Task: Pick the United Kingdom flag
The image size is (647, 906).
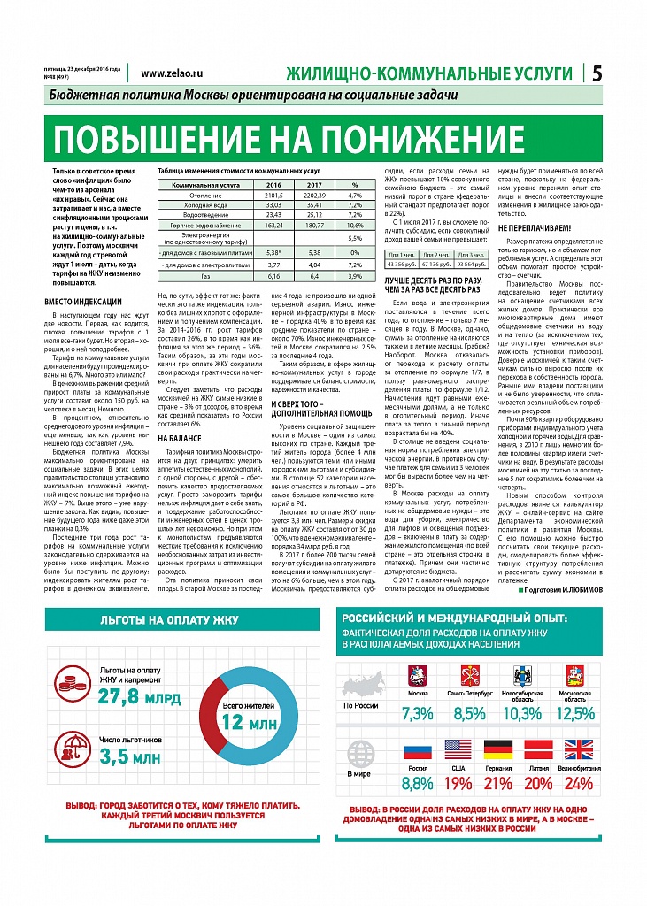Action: click(x=579, y=750)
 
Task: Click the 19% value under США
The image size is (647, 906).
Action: click(x=458, y=781)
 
